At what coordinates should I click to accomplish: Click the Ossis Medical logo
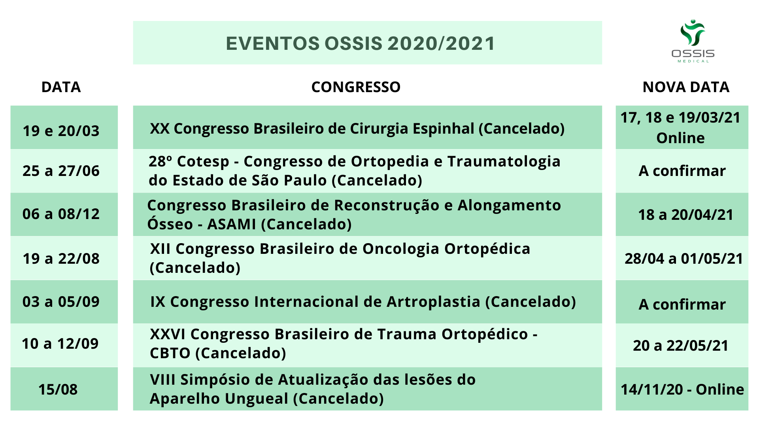[693, 41]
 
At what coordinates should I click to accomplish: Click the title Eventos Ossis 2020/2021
[361, 43]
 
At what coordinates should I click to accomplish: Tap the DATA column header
[61, 87]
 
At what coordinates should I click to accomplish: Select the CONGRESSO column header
[356, 87]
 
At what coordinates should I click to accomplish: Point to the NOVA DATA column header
[686, 87]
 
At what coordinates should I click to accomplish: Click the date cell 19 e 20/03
[61, 131]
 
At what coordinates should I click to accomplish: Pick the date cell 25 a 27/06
[61, 171]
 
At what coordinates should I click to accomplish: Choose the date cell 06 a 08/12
[61, 214]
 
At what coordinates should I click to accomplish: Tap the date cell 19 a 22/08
[61, 259]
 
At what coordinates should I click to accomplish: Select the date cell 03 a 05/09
[61, 302]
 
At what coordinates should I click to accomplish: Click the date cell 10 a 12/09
[60, 344]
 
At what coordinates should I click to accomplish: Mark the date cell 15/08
[58, 389]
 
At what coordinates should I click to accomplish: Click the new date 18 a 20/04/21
[686, 215]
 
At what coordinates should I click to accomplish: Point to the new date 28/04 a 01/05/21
[684, 259]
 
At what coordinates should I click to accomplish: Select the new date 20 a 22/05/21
[681, 346]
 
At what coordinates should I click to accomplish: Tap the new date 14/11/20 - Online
[682, 389]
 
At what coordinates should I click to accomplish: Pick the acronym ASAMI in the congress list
[232, 224]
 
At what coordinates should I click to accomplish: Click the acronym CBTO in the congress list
[170, 353]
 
